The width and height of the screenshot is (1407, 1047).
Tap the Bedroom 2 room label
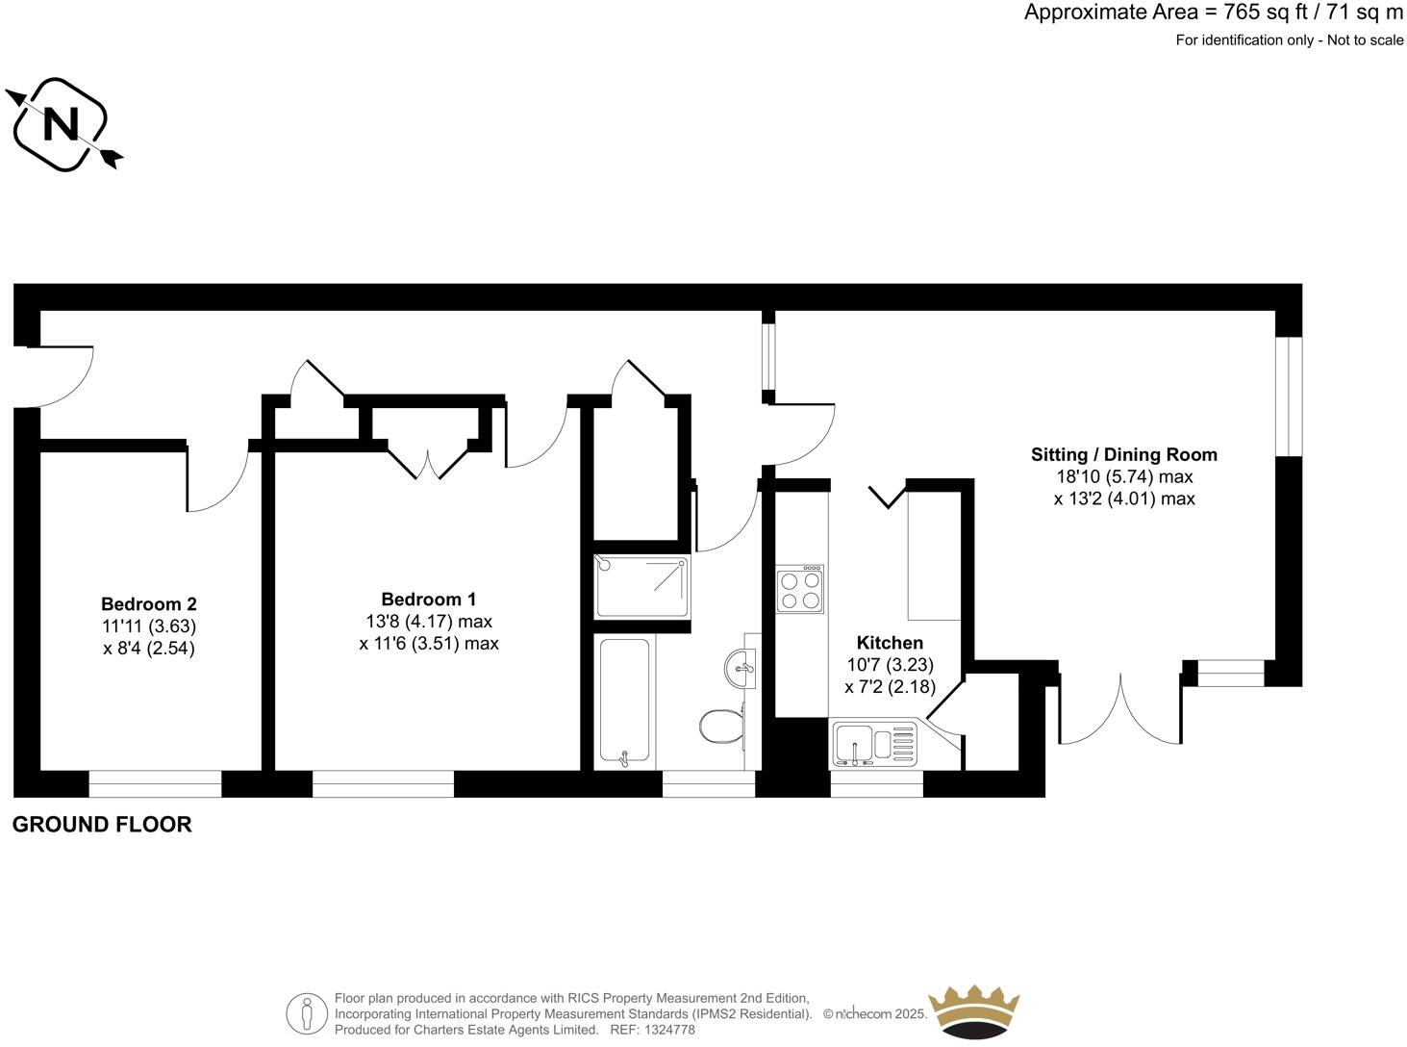click(149, 604)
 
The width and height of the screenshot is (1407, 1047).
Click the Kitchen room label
click(890, 643)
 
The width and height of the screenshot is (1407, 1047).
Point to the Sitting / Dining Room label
click(1123, 454)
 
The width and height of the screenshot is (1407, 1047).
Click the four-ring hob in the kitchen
click(799, 589)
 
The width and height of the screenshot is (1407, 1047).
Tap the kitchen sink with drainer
click(875, 744)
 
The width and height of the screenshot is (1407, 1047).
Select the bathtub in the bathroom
click(624, 702)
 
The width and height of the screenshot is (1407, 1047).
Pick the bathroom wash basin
click(741, 667)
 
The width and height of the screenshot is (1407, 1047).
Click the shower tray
click(641, 587)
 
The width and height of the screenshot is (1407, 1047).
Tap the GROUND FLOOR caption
click(102, 825)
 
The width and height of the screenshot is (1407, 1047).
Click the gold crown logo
click(973, 1010)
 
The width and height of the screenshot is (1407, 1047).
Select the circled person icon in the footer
click(307, 1013)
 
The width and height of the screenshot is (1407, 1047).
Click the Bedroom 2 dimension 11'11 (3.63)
click(149, 626)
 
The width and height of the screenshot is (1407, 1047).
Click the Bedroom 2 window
click(155, 783)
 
